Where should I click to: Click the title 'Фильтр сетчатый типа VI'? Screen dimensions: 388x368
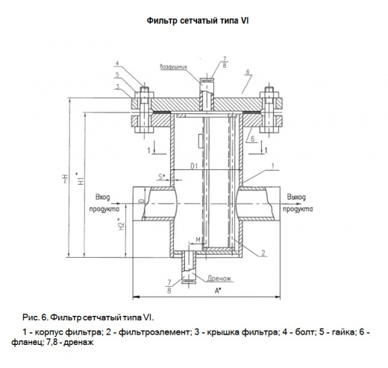pos(198,20)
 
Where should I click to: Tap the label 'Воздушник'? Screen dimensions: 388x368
pos(173,66)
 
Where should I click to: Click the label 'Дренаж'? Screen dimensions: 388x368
pos(219,279)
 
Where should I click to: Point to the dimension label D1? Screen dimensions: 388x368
pos(194,166)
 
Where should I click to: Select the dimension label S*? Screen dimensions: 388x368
pos(162,177)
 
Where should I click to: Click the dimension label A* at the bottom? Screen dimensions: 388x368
pos(218,291)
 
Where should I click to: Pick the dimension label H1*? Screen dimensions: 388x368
pos(81,178)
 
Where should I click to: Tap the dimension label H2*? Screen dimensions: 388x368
pos(121,224)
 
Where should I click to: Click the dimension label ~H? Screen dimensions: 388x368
pos(65,179)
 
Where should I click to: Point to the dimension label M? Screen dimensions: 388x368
pos(198,240)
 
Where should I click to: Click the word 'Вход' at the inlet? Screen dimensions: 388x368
pos(103,197)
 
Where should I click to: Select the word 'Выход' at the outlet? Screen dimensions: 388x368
pos(296,197)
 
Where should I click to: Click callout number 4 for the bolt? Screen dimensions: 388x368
pos(117,63)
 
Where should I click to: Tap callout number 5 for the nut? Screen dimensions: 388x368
pos(117,74)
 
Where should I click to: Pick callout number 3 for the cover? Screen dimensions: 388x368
pos(117,86)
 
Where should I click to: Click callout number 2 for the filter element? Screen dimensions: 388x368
pos(263,253)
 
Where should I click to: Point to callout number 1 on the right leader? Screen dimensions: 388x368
pos(273,166)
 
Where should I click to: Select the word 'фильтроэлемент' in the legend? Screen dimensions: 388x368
pos(154,332)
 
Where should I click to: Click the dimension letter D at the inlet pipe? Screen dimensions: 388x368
pos(142,200)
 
